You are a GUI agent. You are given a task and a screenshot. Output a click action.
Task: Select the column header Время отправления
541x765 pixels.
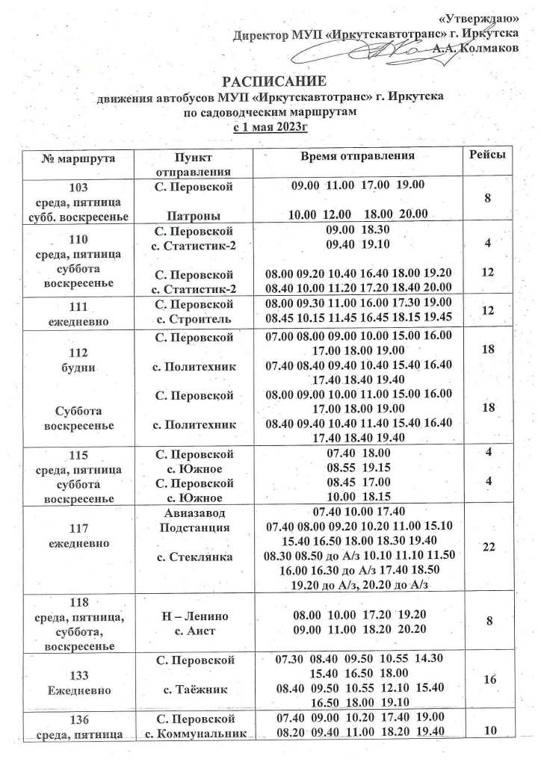(357, 158)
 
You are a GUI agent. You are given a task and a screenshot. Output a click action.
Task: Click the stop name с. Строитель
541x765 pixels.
(193, 319)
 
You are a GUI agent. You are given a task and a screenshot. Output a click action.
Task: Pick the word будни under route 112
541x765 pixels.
(78, 367)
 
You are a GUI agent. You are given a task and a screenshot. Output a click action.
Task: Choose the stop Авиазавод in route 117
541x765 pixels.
(194, 513)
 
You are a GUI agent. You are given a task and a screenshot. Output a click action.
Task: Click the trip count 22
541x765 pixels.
(489, 548)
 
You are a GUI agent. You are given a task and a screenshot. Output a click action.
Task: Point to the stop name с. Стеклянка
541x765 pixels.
(193, 557)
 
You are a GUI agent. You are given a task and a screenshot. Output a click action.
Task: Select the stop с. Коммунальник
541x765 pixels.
(194, 732)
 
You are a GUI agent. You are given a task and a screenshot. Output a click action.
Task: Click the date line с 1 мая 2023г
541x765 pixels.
(270, 126)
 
